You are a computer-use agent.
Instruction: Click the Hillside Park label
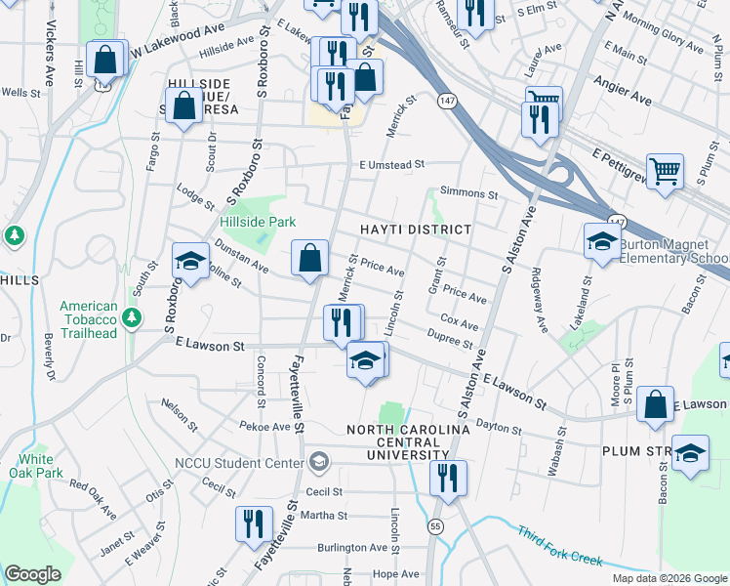point(258,223)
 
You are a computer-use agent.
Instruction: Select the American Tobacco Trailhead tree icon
point(132,317)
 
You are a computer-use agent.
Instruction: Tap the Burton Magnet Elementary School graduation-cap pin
point(601,240)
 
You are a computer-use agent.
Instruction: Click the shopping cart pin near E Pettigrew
point(666,171)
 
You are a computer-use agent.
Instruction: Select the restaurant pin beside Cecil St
point(448,479)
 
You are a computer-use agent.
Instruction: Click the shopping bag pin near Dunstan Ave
point(309,259)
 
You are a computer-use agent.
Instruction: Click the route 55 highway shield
point(435,526)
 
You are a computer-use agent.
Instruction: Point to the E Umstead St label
point(392,166)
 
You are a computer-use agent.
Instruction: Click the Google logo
point(32,574)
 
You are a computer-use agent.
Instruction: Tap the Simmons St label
point(468,193)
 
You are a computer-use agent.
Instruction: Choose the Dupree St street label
point(450,338)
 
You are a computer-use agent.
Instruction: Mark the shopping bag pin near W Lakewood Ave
point(105,59)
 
